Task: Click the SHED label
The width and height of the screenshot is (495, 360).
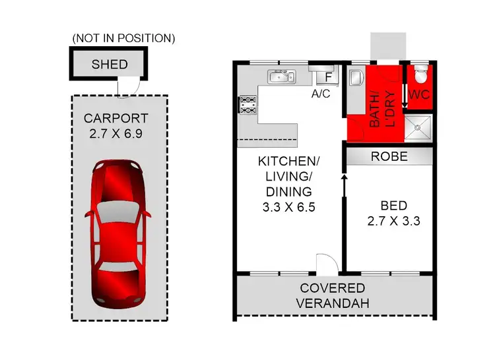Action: click(109, 65)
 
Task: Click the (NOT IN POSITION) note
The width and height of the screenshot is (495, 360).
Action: click(123, 38)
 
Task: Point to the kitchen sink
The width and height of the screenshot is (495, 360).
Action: click(283, 78)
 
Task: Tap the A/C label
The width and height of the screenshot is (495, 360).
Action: click(321, 94)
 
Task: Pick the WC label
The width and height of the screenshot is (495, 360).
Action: click(419, 95)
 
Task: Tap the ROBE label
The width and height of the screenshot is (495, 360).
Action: click(389, 157)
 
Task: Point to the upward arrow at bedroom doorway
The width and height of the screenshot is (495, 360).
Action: click(343, 187)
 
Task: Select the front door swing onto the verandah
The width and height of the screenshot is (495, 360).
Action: click(325, 264)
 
